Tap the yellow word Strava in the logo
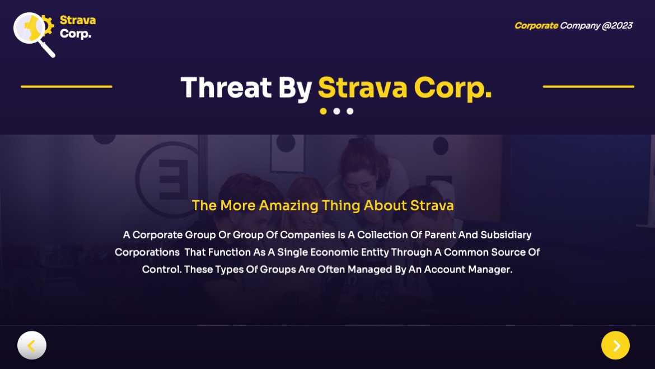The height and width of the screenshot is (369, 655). (x=78, y=20)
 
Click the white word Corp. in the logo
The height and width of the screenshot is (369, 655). (x=76, y=34)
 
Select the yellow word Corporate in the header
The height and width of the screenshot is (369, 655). (x=536, y=26)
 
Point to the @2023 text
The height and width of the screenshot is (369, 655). (x=617, y=26)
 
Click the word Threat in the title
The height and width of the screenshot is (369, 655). (x=226, y=88)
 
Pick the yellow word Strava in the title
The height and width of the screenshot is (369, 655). (x=362, y=88)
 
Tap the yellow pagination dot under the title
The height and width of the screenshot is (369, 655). (x=323, y=111)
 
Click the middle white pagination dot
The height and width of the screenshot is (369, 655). (x=336, y=111)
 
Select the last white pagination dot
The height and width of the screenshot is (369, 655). (x=350, y=111)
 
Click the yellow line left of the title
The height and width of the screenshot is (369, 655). (x=67, y=86)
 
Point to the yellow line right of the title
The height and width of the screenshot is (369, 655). (x=588, y=86)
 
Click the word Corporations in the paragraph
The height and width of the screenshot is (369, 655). (x=147, y=252)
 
